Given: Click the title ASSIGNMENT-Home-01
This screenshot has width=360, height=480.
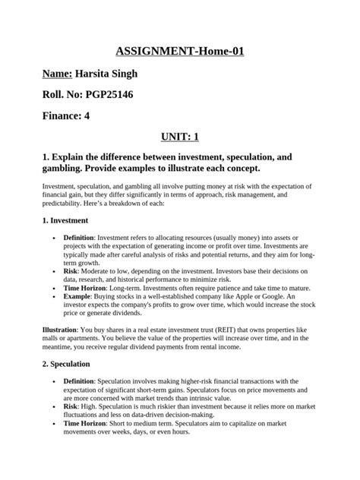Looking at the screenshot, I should point(179,52).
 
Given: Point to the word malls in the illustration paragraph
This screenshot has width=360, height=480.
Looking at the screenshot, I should point(33,339).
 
